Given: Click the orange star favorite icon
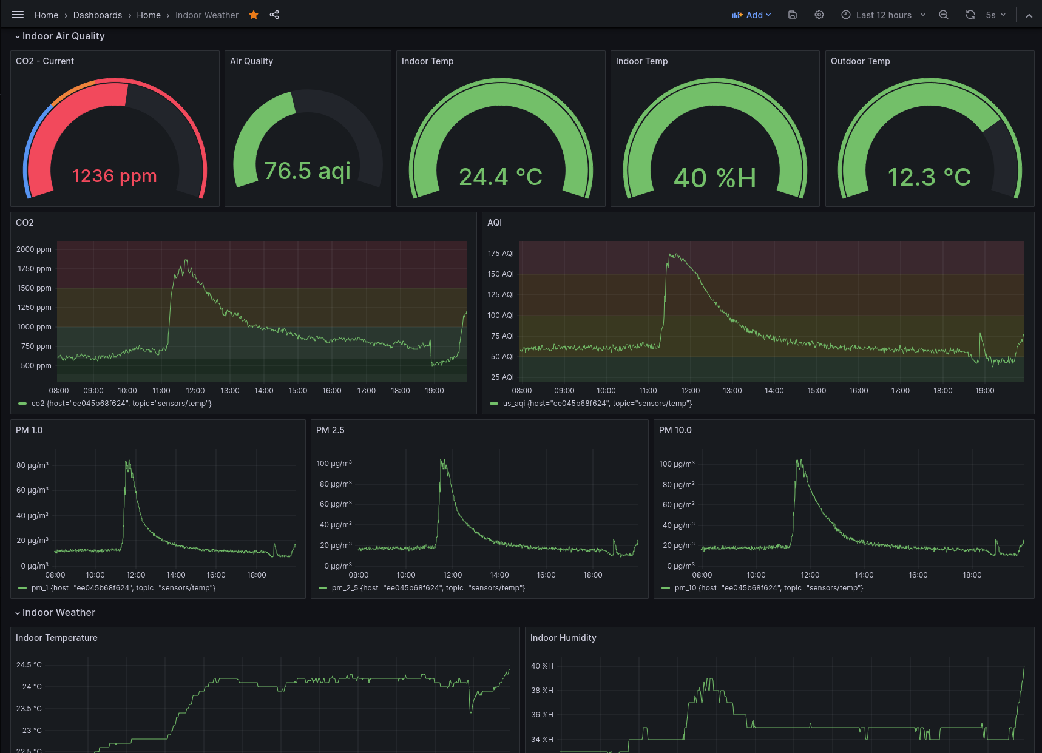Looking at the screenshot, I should (x=254, y=15).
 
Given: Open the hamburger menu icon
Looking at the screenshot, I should (x=18, y=15).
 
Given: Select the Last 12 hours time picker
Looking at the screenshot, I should (x=883, y=15).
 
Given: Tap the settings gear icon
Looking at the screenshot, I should (x=819, y=15).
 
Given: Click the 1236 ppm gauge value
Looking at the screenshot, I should (x=114, y=176).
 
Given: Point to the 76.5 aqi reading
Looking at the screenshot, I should (x=307, y=171).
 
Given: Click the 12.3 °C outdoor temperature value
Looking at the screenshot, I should (x=929, y=177).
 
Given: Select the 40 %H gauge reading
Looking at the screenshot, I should (x=715, y=178).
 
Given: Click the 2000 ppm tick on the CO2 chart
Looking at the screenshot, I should (x=34, y=249).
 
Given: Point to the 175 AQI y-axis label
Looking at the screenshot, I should (x=501, y=254).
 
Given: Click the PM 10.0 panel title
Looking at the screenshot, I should (x=675, y=430).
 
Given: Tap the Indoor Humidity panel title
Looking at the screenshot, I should (x=563, y=638).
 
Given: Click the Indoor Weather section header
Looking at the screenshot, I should (x=58, y=613).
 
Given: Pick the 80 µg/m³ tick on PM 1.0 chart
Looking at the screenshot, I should (x=32, y=465).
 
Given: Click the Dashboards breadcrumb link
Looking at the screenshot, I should (x=98, y=15).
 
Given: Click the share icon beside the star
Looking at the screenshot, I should (x=274, y=15).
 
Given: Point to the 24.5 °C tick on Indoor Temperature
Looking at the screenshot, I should (x=29, y=665).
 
